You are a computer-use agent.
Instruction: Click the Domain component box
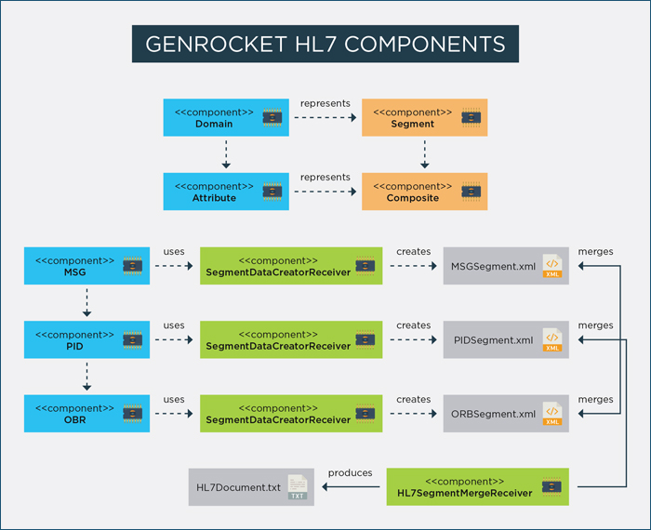tap(226, 117)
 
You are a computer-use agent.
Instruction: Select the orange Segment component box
tap(424, 117)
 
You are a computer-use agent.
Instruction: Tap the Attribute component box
tap(226, 192)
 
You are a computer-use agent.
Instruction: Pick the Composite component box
tap(424, 192)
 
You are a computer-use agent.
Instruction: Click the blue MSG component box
tap(86, 266)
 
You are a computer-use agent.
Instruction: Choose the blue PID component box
tap(86, 339)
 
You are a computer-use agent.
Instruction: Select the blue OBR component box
tap(86, 414)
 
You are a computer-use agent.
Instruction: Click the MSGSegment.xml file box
tap(506, 266)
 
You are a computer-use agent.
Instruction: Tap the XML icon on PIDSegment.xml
tap(552, 339)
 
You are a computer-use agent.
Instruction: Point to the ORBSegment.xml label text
tap(493, 414)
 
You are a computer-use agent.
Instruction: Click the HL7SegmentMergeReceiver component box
tap(477, 487)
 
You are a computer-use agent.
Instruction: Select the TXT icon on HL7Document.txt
tap(298, 487)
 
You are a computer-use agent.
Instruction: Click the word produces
tap(350, 472)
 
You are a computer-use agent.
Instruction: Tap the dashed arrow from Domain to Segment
tap(325, 117)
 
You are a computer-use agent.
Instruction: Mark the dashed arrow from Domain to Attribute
tap(226, 154)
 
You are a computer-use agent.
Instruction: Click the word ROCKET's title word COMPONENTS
tap(425, 44)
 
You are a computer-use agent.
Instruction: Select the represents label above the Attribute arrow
tap(325, 178)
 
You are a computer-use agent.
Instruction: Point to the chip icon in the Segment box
tap(472, 118)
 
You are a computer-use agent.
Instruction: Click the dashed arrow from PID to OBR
tap(86, 376)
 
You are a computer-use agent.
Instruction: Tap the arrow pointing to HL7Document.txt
tap(351, 487)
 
